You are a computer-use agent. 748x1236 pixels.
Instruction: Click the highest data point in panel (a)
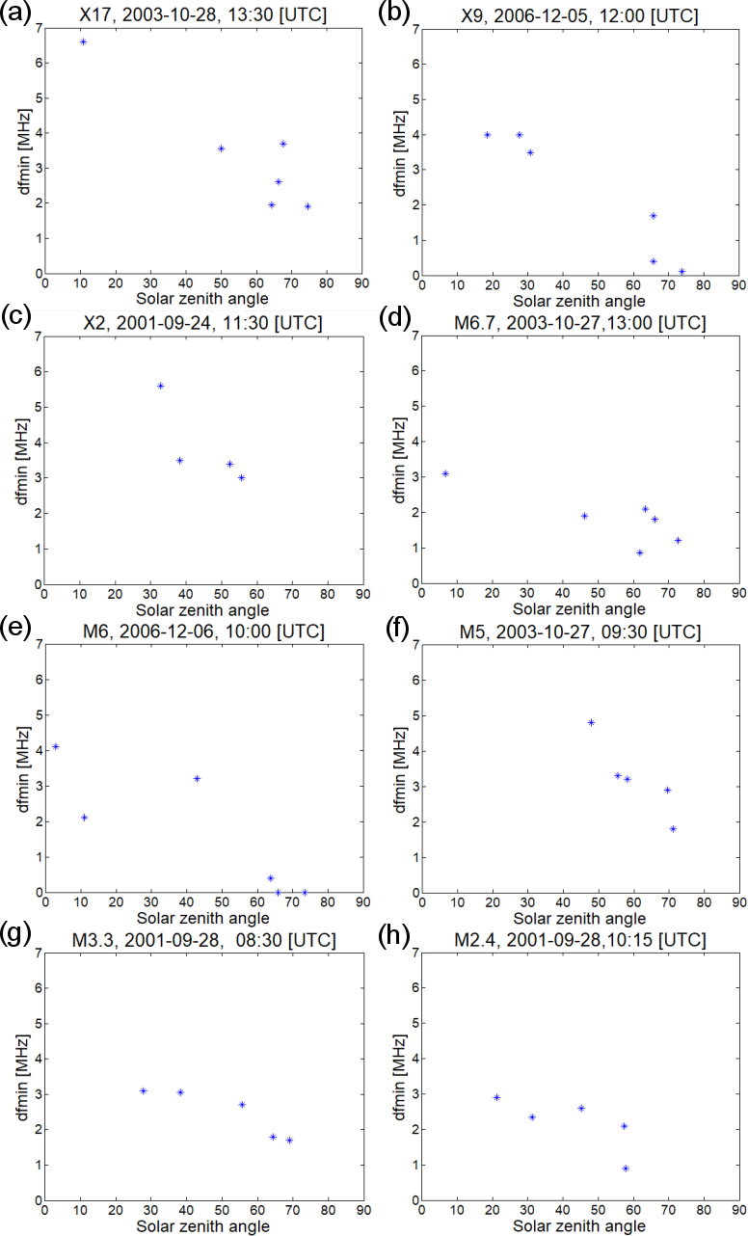(x=83, y=42)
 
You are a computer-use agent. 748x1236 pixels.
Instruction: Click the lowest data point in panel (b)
(x=681, y=272)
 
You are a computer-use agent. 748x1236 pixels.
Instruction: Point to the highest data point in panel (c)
(x=161, y=386)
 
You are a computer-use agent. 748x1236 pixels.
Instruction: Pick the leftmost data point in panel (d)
(x=445, y=473)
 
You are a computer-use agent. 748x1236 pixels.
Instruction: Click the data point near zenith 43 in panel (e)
(x=197, y=778)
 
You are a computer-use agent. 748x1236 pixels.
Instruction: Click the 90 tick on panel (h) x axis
(x=738, y=1210)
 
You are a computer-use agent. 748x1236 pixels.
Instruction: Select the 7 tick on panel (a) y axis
(x=39, y=29)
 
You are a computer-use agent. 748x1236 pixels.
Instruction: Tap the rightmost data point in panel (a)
(x=307, y=206)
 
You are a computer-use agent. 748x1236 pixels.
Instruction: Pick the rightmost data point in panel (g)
(x=289, y=1140)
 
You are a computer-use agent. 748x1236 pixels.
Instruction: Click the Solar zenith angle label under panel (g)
(x=202, y=1225)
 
